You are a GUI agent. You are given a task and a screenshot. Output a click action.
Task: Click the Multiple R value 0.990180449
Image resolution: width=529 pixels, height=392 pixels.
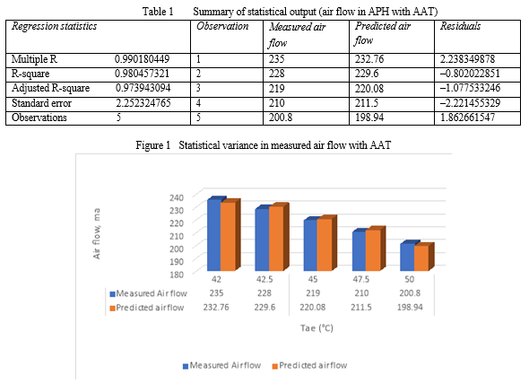pyautogui.click(x=142, y=59)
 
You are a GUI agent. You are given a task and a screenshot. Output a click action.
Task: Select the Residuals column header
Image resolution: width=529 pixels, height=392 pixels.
pyautogui.click(x=460, y=26)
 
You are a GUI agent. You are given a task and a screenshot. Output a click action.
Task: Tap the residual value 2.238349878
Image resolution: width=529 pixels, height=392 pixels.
pyautogui.click(x=467, y=59)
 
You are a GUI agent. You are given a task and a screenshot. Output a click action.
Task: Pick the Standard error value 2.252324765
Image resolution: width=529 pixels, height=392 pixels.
pyautogui.click(x=143, y=102)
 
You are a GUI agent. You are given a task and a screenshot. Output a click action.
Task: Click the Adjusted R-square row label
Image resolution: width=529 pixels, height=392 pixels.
pyautogui.click(x=50, y=88)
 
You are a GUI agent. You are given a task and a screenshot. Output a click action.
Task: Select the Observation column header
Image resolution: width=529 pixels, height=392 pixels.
pyautogui.click(x=222, y=26)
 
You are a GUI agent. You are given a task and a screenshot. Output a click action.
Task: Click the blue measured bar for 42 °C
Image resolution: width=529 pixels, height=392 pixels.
pyautogui.click(x=214, y=235)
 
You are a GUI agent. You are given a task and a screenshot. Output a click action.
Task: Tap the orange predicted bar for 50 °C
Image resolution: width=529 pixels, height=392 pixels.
pyautogui.click(x=421, y=258)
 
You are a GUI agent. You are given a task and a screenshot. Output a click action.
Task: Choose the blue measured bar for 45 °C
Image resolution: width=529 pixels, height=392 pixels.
pyautogui.click(x=310, y=245)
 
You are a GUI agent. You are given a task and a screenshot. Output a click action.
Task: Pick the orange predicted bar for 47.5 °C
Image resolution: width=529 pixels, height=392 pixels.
pyautogui.click(x=373, y=250)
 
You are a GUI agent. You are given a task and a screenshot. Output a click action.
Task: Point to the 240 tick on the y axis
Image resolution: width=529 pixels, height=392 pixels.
pyautogui.click(x=177, y=197)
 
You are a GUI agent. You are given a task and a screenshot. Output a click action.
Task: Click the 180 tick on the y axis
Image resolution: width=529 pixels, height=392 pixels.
pyautogui.click(x=177, y=274)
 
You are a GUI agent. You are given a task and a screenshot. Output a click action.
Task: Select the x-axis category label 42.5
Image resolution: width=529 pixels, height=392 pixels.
pyautogui.click(x=264, y=279)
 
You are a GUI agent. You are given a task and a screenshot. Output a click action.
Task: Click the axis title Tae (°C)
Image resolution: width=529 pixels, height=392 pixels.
pyautogui.click(x=317, y=327)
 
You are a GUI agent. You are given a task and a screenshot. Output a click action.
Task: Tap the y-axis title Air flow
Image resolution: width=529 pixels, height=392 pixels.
pyautogui.click(x=97, y=233)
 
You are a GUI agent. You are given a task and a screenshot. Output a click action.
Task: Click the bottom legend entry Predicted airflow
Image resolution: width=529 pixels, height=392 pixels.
pyautogui.click(x=309, y=365)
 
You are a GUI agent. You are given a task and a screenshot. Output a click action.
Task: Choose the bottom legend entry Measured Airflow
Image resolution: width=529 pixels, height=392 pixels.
pyautogui.click(x=222, y=365)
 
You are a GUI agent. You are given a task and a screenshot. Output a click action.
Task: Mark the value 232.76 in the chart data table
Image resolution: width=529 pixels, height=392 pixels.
pyautogui.click(x=216, y=308)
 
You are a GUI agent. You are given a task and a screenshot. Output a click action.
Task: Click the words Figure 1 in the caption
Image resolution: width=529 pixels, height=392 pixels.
pyautogui.click(x=152, y=145)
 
